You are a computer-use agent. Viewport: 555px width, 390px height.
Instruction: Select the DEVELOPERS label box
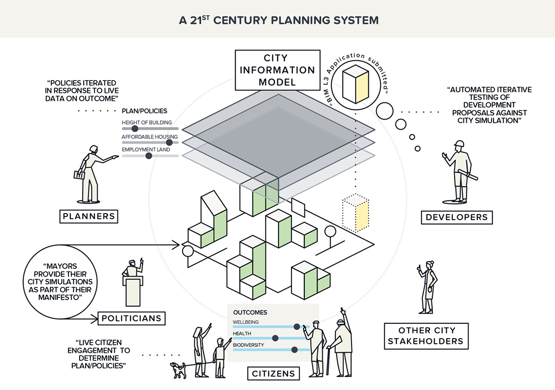coord(456,217)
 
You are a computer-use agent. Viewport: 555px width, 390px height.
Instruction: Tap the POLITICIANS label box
coord(131,318)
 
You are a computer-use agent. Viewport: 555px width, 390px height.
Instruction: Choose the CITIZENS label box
coord(273,373)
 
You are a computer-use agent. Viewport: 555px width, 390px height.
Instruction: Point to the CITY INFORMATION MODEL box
coord(275,70)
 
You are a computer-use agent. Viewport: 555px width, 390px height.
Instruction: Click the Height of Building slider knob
coord(135,128)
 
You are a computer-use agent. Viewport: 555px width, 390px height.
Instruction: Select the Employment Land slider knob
coord(148,156)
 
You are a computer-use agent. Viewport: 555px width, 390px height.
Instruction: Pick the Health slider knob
coord(276,338)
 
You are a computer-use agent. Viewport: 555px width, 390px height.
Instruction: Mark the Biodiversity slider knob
coord(294,350)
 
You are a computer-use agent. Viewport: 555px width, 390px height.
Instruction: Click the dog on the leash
coord(178,369)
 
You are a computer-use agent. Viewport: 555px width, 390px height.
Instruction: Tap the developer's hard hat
coord(458,144)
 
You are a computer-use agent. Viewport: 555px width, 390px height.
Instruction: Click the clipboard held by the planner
coord(79,175)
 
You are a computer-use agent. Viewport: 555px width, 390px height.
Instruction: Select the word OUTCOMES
coord(250,313)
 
